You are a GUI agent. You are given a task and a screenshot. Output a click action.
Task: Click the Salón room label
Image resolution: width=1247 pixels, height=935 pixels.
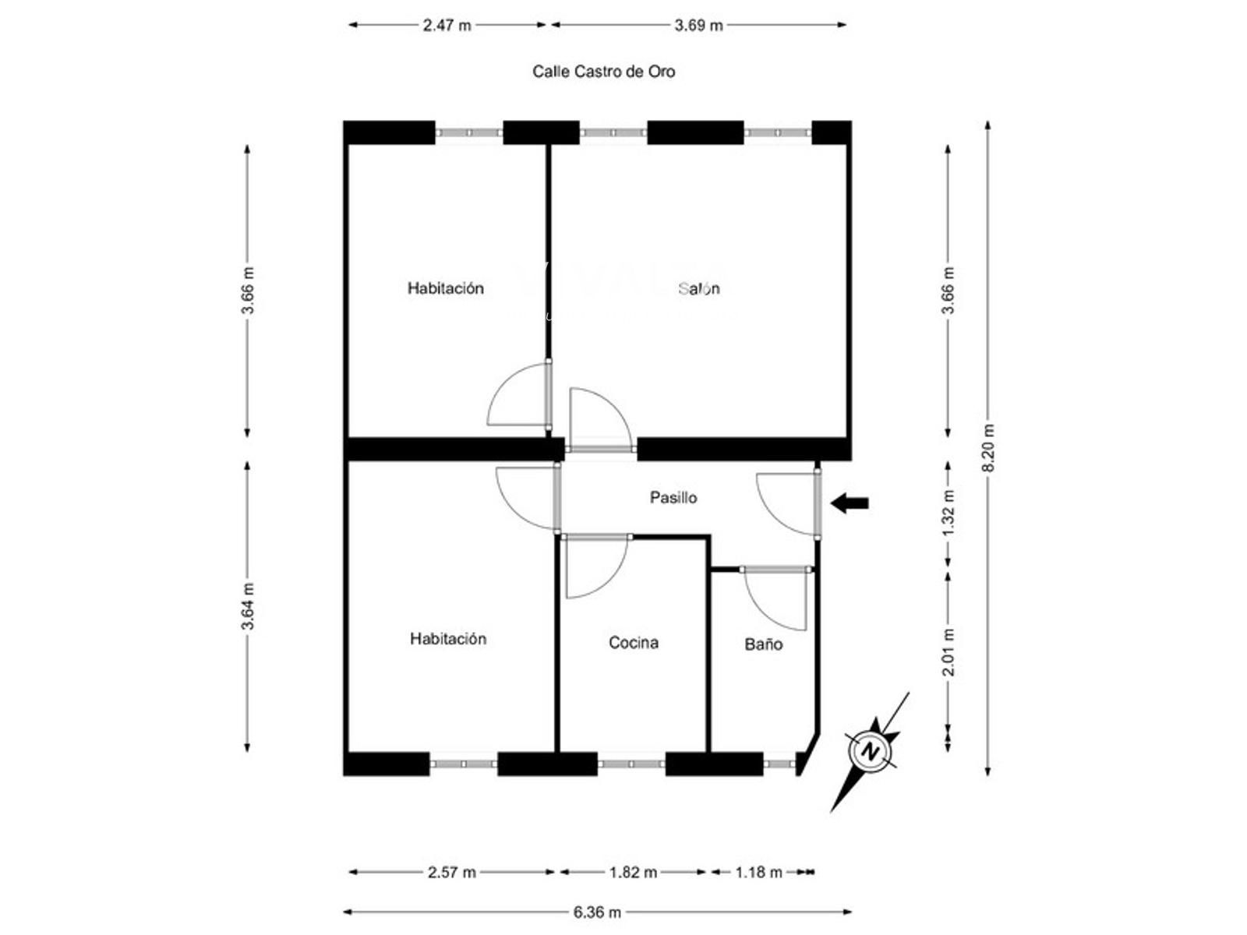[x=699, y=288]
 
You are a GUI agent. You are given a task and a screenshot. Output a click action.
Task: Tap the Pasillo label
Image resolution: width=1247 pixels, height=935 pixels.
[x=673, y=497]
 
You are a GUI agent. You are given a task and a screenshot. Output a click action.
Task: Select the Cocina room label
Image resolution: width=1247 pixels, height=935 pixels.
[x=634, y=642]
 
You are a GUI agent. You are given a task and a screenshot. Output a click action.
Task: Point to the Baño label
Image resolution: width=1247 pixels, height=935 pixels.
[x=764, y=644]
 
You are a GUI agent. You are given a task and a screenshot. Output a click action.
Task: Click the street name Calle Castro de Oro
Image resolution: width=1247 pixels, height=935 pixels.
[x=603, y=72]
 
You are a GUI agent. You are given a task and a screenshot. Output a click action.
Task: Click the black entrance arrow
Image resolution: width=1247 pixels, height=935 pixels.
[x=850, y=503]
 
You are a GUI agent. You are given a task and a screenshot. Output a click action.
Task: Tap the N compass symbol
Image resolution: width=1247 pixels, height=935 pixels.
[x=869, y=752]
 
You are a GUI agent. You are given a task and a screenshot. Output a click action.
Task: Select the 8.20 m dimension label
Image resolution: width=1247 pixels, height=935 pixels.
[x=988, y=448]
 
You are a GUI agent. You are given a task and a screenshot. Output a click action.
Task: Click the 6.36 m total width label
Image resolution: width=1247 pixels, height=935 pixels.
[x=597, y=912]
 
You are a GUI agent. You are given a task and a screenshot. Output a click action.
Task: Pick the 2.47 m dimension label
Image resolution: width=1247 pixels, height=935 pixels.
[x=447, y=26]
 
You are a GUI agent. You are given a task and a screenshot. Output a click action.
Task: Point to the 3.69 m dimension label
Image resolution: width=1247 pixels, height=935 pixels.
[x=699, y=26]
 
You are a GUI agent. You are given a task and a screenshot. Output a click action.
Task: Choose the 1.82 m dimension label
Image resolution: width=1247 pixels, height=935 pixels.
[x=634, y=872]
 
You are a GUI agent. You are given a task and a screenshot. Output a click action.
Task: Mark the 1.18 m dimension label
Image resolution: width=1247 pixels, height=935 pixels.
[x=759, y=872]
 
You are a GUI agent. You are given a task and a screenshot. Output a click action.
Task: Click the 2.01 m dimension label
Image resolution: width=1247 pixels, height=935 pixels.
[x=948, y=652]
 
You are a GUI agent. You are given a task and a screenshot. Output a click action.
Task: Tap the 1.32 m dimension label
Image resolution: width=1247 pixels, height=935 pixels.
[x=948, y=513]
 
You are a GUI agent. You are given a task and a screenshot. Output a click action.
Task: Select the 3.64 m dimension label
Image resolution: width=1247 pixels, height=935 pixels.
[x=248, y=605]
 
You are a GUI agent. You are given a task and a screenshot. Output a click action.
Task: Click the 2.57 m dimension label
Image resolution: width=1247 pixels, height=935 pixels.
[x=451, y=872]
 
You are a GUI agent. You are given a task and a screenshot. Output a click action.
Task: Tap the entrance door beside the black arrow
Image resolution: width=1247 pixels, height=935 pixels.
[x=818, y=503]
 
